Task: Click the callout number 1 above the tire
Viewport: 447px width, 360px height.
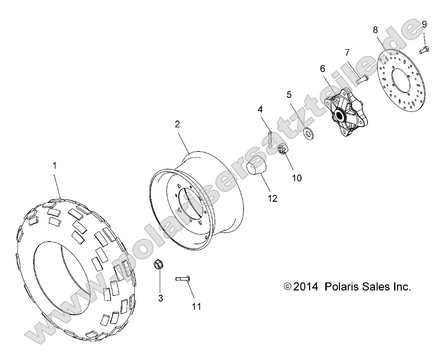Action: tap(55, 166)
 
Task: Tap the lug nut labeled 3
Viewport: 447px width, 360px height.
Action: tap(158, 266)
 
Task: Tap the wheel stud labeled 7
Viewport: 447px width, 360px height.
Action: tap(362, 78)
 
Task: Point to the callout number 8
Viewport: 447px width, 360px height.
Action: tap(375, 29)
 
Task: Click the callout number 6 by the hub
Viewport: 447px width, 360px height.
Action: tap(322, 70)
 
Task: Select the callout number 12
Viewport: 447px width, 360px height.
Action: tap(272, 198)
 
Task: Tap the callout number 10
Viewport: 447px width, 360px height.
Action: tap(297, 178)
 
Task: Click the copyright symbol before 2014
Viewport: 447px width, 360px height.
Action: tap(287, 287)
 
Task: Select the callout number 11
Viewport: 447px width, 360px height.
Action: tap(196, 306)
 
